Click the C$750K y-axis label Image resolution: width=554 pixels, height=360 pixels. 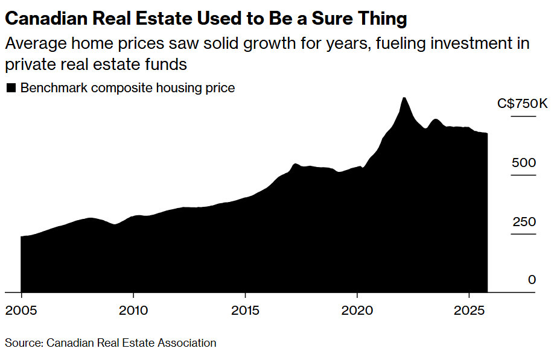coord(523,104)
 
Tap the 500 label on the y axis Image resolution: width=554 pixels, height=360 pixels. coord(524,163)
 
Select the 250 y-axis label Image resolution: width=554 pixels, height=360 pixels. coord(524,222)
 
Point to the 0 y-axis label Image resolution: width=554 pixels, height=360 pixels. coord(532,280)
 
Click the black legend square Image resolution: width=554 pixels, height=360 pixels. coord(10,88)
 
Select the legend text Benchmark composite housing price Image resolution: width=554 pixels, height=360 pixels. coord(127,88)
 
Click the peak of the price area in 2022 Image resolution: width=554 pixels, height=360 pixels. coord(404,98)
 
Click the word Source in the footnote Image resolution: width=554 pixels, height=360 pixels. coord(22,343)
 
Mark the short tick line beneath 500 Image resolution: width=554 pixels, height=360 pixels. coord(523,175)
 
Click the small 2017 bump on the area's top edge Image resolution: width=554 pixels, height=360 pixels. coord(295,164)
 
